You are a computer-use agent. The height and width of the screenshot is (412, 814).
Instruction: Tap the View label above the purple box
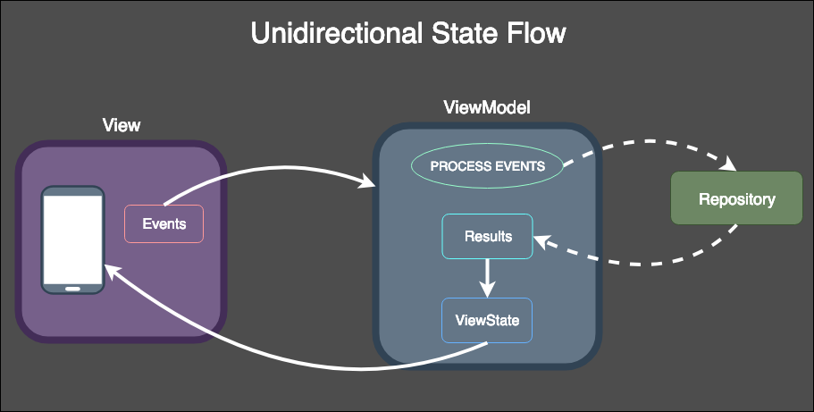122,124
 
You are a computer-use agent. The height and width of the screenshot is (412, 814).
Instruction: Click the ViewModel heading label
487,107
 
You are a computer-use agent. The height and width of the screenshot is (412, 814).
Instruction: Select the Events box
164,223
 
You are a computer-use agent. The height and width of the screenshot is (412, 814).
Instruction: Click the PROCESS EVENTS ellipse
487,166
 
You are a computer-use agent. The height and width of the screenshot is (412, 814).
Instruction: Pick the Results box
487,237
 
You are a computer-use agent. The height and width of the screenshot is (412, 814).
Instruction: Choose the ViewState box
487,320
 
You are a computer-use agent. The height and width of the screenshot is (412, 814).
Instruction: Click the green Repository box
736,199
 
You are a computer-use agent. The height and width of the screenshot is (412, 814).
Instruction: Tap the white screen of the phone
73,238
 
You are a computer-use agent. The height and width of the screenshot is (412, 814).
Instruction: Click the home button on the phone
73,288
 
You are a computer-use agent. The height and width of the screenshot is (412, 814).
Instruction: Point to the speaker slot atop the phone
73,191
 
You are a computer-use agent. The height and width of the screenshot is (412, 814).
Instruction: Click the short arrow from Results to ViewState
487,278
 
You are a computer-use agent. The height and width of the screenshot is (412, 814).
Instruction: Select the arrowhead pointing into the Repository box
730,166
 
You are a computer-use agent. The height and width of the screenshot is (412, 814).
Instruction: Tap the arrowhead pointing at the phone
112,270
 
